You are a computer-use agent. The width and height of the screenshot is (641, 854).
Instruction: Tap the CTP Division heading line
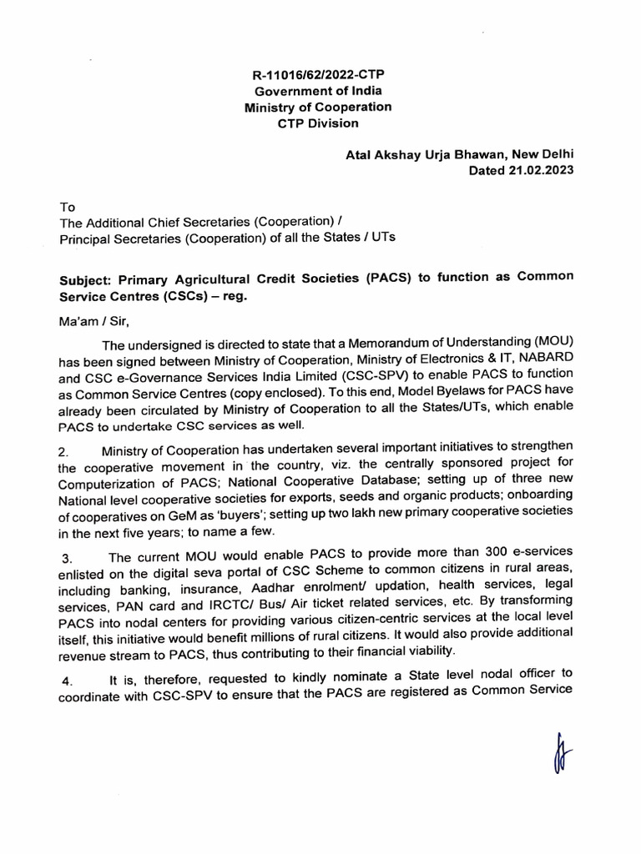coord(317,123)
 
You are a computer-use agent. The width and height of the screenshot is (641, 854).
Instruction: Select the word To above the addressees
coord(67,206)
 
